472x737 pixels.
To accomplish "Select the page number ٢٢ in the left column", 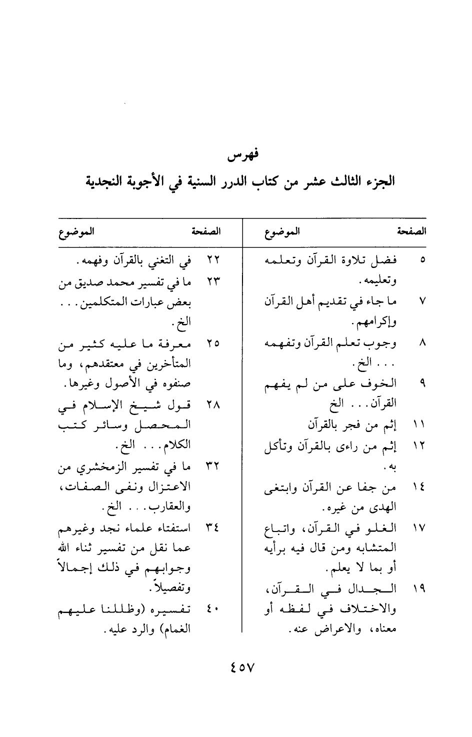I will tap(213, 260).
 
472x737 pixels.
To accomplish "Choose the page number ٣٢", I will tap(213, 467).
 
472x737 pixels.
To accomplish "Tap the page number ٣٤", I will tap(213, 528).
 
